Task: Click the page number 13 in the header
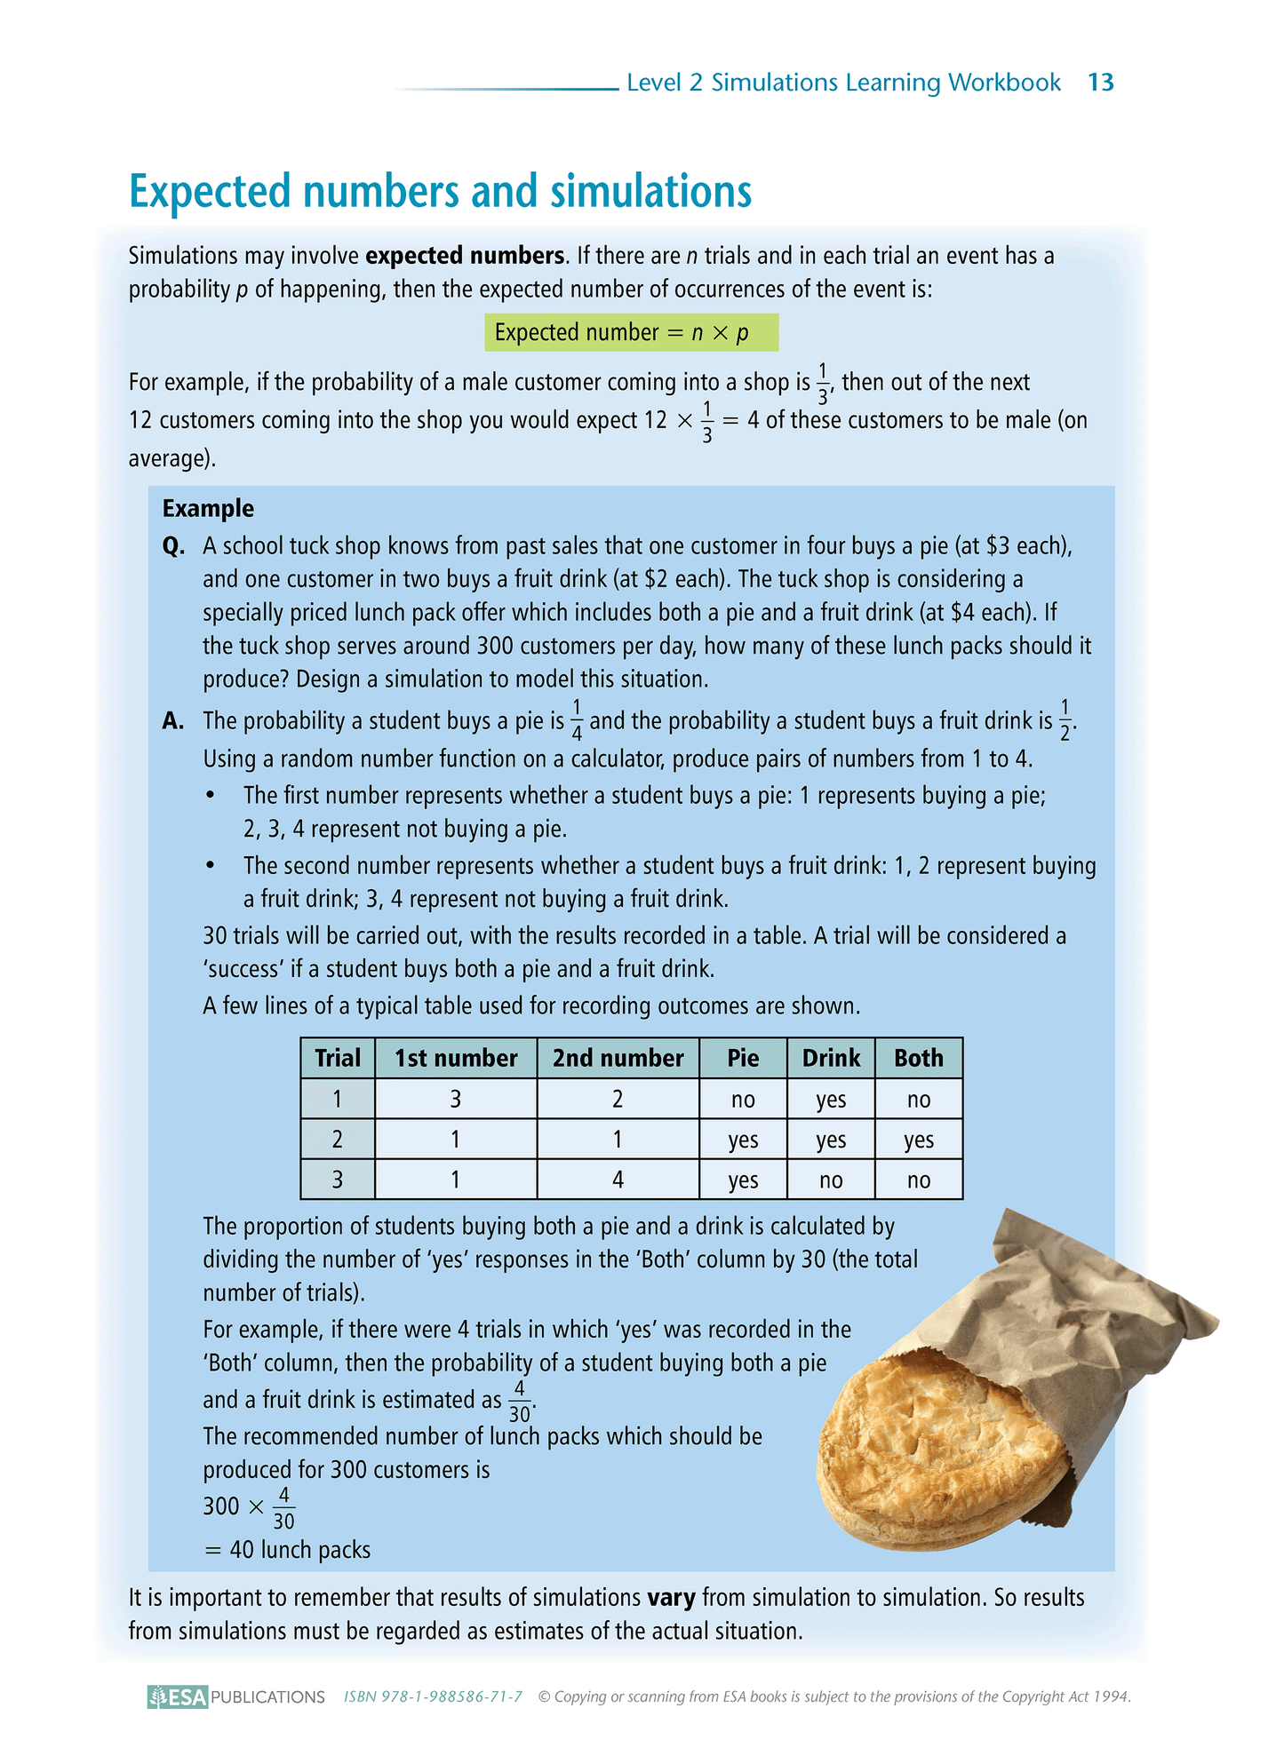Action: (x=1100, y=83)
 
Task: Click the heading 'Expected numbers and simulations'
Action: (x=440, y=191)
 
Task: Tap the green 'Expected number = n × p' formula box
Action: (x=631, y=333)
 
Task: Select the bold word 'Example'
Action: (x=208, y=508)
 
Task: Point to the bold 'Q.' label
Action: (x=173, y=545)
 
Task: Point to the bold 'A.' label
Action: (x=173, y=721)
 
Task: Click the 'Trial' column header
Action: (x=338, y=1058)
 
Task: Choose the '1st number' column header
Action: (x=456, y=1058)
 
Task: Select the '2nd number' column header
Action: (x=618, y=1058)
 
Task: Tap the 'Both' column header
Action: (x=918, y=1058)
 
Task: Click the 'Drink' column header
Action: (x=831, y=1058)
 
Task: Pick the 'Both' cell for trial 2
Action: (x=918, y=1140)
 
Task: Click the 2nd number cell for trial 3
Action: (x=618, y=1180)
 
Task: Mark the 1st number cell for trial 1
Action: (x=456, y=1100)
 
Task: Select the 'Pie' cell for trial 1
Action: (x=743, y=1100)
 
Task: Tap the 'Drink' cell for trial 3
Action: (x=831, y=1180)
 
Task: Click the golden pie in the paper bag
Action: (x=942, y=1439)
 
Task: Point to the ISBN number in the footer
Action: (x=433, y=1696)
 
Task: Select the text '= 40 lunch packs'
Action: (x=287, y=1550)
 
